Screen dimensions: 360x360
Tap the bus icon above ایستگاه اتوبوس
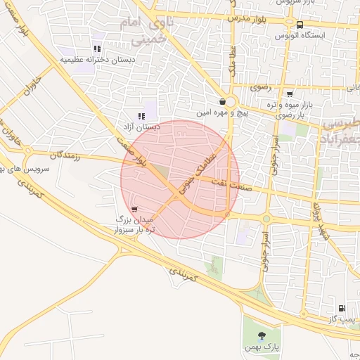[300, 25]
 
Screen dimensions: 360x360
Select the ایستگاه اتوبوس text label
[300, 34]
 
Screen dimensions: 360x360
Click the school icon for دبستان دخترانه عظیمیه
[97, 49]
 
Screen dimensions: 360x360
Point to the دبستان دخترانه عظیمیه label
[96, 60]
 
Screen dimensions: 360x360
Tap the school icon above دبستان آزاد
[141, 117]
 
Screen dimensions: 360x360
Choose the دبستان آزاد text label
[141, 127]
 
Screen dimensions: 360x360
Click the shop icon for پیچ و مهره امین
[221, 101]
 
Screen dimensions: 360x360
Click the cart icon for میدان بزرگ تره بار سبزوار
[134, 210]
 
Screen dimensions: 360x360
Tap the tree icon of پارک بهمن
[263, 335]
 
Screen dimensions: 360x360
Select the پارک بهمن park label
[266, 347]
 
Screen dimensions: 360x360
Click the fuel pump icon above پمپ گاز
[342, 308]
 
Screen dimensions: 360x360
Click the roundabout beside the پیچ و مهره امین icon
[231, 102]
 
